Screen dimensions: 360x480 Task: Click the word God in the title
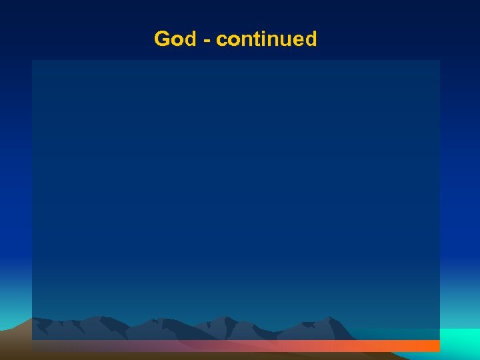[x=175, y=39]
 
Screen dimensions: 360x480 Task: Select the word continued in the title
[x=267, y=39]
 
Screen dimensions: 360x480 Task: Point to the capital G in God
[x=162, y=39]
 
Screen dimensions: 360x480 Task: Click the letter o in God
[x=176, y=41]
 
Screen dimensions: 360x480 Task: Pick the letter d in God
[x=189, y=39]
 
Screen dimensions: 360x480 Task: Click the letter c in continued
[x=222, y=41]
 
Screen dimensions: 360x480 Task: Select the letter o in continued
[x=233, y=41]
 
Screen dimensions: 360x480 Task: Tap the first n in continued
[x=246, y=41]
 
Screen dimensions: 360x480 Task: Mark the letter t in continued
[x=255, y=40]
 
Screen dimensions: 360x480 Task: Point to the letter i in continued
[x=262, y=39]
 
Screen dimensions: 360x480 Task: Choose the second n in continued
[x=271, y=41]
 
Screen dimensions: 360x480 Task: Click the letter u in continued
[x=284, y=41]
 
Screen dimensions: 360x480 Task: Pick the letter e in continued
[x=297, y=41]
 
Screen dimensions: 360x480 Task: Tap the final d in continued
[x=310, y=39]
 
